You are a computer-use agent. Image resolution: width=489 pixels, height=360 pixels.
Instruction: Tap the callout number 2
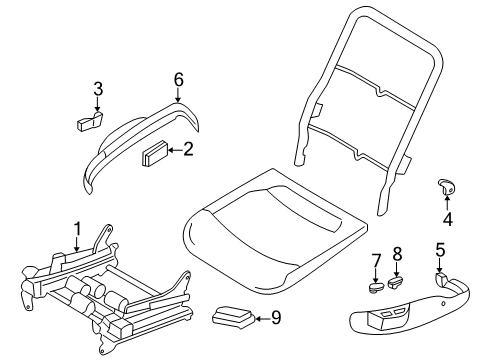point(188,150)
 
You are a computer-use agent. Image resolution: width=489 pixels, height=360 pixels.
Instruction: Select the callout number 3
point(97,89)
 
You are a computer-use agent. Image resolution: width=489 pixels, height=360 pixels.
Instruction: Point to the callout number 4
point(447,218)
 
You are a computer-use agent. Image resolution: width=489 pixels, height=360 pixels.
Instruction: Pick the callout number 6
point(178,79)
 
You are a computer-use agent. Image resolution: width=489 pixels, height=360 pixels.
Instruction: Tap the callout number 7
point(377,261)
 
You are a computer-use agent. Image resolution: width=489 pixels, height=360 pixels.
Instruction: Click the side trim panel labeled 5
point(420,319)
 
